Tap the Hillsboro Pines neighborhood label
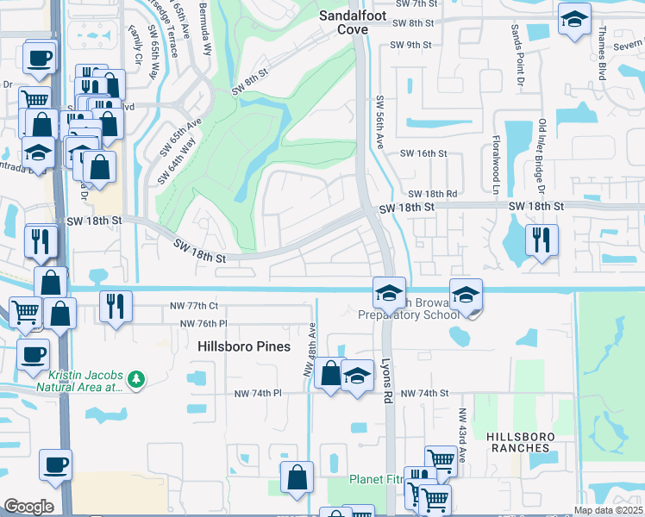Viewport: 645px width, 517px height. (244, 346)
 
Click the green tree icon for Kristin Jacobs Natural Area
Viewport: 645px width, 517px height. (135, 379)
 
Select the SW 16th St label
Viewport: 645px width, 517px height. (423, 153)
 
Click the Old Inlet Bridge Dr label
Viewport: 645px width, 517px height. (542, 155)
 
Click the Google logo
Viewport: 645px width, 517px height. (28, 507)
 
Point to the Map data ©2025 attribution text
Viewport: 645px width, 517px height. (608, 510)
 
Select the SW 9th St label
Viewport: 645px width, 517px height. (410, 45)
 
